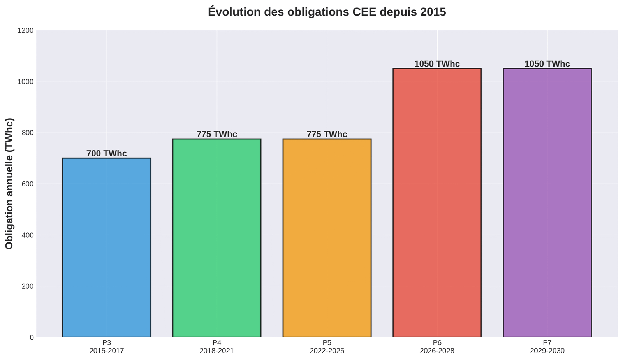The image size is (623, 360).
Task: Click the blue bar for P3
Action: tap(106, 248)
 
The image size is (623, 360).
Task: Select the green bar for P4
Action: tap(216, 238)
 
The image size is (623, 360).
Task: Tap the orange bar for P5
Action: tap(327, 238)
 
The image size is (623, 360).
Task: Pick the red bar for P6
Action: tap(437, 203)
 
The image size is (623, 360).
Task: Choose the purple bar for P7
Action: tap(547, 203)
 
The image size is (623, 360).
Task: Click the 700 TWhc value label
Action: tap(106, 154)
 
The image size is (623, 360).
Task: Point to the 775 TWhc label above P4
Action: tap(216, 135)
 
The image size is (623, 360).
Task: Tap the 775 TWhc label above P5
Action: tap(327, 135)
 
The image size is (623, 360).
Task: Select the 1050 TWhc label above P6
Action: tap(437, 64)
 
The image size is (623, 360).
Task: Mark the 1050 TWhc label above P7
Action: tap(547, 64)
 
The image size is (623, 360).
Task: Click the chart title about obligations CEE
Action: tap(327, 12)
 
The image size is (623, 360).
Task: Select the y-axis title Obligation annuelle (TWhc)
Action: tap(10, 184)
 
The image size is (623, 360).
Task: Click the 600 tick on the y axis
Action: tap(28, 184)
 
